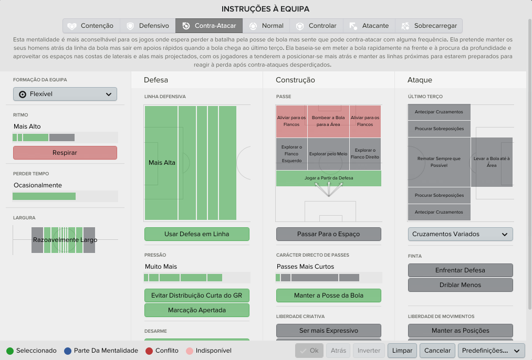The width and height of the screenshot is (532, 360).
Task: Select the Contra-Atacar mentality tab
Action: (x=209, y=26)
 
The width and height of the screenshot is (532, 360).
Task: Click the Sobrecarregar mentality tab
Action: (x=429, y=26)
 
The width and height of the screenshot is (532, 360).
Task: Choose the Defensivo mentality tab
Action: (x=148, y=26)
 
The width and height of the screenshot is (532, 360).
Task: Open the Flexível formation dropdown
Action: (x=65, y=94)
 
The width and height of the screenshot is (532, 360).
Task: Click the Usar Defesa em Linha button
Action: (x=197, y=234)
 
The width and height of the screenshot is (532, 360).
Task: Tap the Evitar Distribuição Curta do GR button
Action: (x=197, y=295)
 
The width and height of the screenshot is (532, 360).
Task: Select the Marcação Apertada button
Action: (x=197, y=310)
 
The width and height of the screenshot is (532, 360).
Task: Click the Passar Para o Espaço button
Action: (x=328, y=234)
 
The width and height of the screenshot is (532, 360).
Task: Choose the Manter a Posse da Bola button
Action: (x=328, y=295)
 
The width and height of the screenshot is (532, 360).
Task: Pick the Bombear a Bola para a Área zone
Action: (x=328, y=121)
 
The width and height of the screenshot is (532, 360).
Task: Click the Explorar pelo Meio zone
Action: (x=328, y=154)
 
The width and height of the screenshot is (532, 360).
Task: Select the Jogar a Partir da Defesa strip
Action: (x=328, y=178)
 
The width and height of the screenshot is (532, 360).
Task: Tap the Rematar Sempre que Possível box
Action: (x=439, y=162)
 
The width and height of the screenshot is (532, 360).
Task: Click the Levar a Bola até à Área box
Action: (x=492, y=162)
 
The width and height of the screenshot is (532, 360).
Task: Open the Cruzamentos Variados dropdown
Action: (x=461, y=234)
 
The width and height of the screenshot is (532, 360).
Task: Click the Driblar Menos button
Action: (x=461, y=285)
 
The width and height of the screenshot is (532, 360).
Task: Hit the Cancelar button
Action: (x=437, y=351)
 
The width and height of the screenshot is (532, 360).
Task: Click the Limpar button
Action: (x=402, y=351)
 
